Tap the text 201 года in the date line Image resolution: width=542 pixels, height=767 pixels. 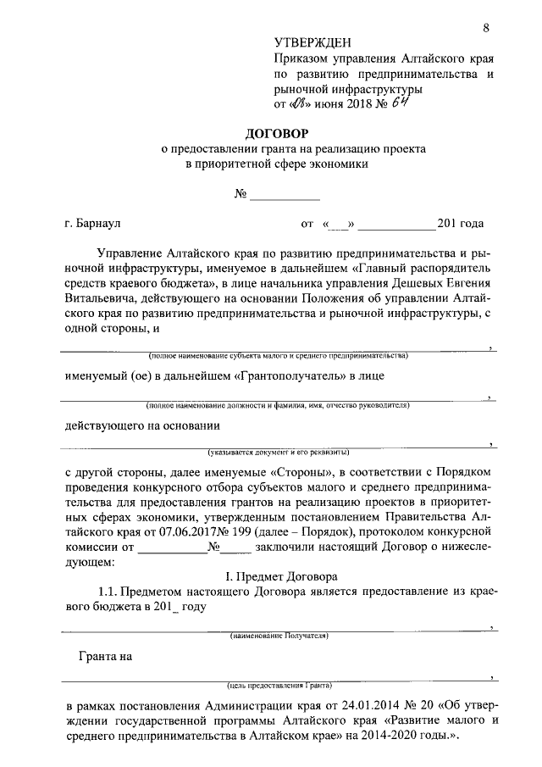point(460,224)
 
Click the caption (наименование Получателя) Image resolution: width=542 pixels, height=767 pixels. point(279,635)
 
